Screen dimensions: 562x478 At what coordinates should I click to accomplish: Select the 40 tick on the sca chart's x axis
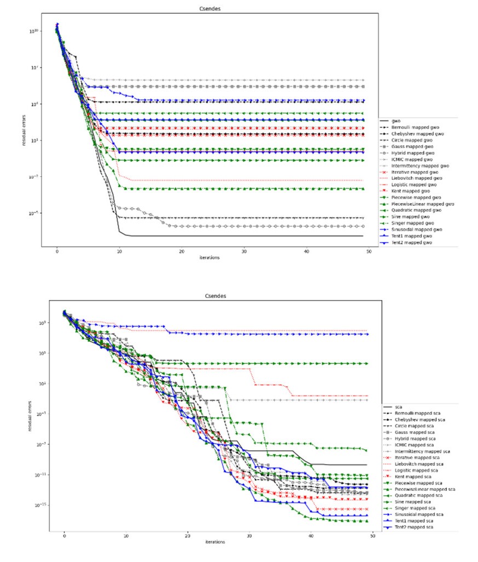tap(311, 536)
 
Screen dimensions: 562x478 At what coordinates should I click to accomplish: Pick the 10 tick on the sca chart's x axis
tap(126, 536)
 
